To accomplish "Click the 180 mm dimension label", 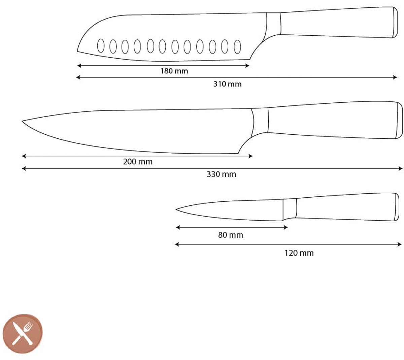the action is click(174, 71).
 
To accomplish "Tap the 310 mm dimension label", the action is click(227, 84).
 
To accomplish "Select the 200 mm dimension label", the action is click(138, 162).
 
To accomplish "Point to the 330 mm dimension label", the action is click(221, 174).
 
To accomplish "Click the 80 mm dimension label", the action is click(231, 235).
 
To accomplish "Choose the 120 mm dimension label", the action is click(299, 253).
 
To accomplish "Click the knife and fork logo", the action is click(23, 334).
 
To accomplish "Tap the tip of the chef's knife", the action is click(22, 121).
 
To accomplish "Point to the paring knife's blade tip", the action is click(176, 209).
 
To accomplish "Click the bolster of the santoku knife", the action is click(273, 25).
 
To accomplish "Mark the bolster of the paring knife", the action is click(290, 209).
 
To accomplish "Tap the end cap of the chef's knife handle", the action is click(399, 120).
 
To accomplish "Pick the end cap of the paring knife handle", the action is click(397, 207).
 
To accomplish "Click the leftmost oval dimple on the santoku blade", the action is click(101, 46).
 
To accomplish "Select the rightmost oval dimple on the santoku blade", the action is click(237, 47).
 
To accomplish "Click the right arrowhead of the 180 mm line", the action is click(247, 66).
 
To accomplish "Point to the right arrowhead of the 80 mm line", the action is click(285, 227).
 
